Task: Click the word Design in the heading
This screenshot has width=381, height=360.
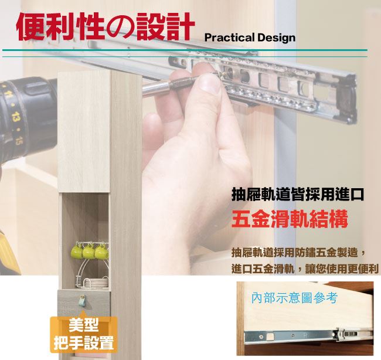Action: [277, 38]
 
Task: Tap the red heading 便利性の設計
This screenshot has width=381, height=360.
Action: [105, 26]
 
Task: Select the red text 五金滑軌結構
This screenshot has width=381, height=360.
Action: [290, 219]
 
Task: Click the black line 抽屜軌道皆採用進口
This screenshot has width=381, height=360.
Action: [298, 194]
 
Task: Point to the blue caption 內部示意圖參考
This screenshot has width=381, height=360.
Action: [294, 297]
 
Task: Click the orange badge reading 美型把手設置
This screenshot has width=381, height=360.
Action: [84, 334]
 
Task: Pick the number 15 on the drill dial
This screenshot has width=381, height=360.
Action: [19, 140]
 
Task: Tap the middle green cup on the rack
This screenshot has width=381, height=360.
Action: [89, 252]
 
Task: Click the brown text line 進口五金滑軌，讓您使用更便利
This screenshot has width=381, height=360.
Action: [305, 269]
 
